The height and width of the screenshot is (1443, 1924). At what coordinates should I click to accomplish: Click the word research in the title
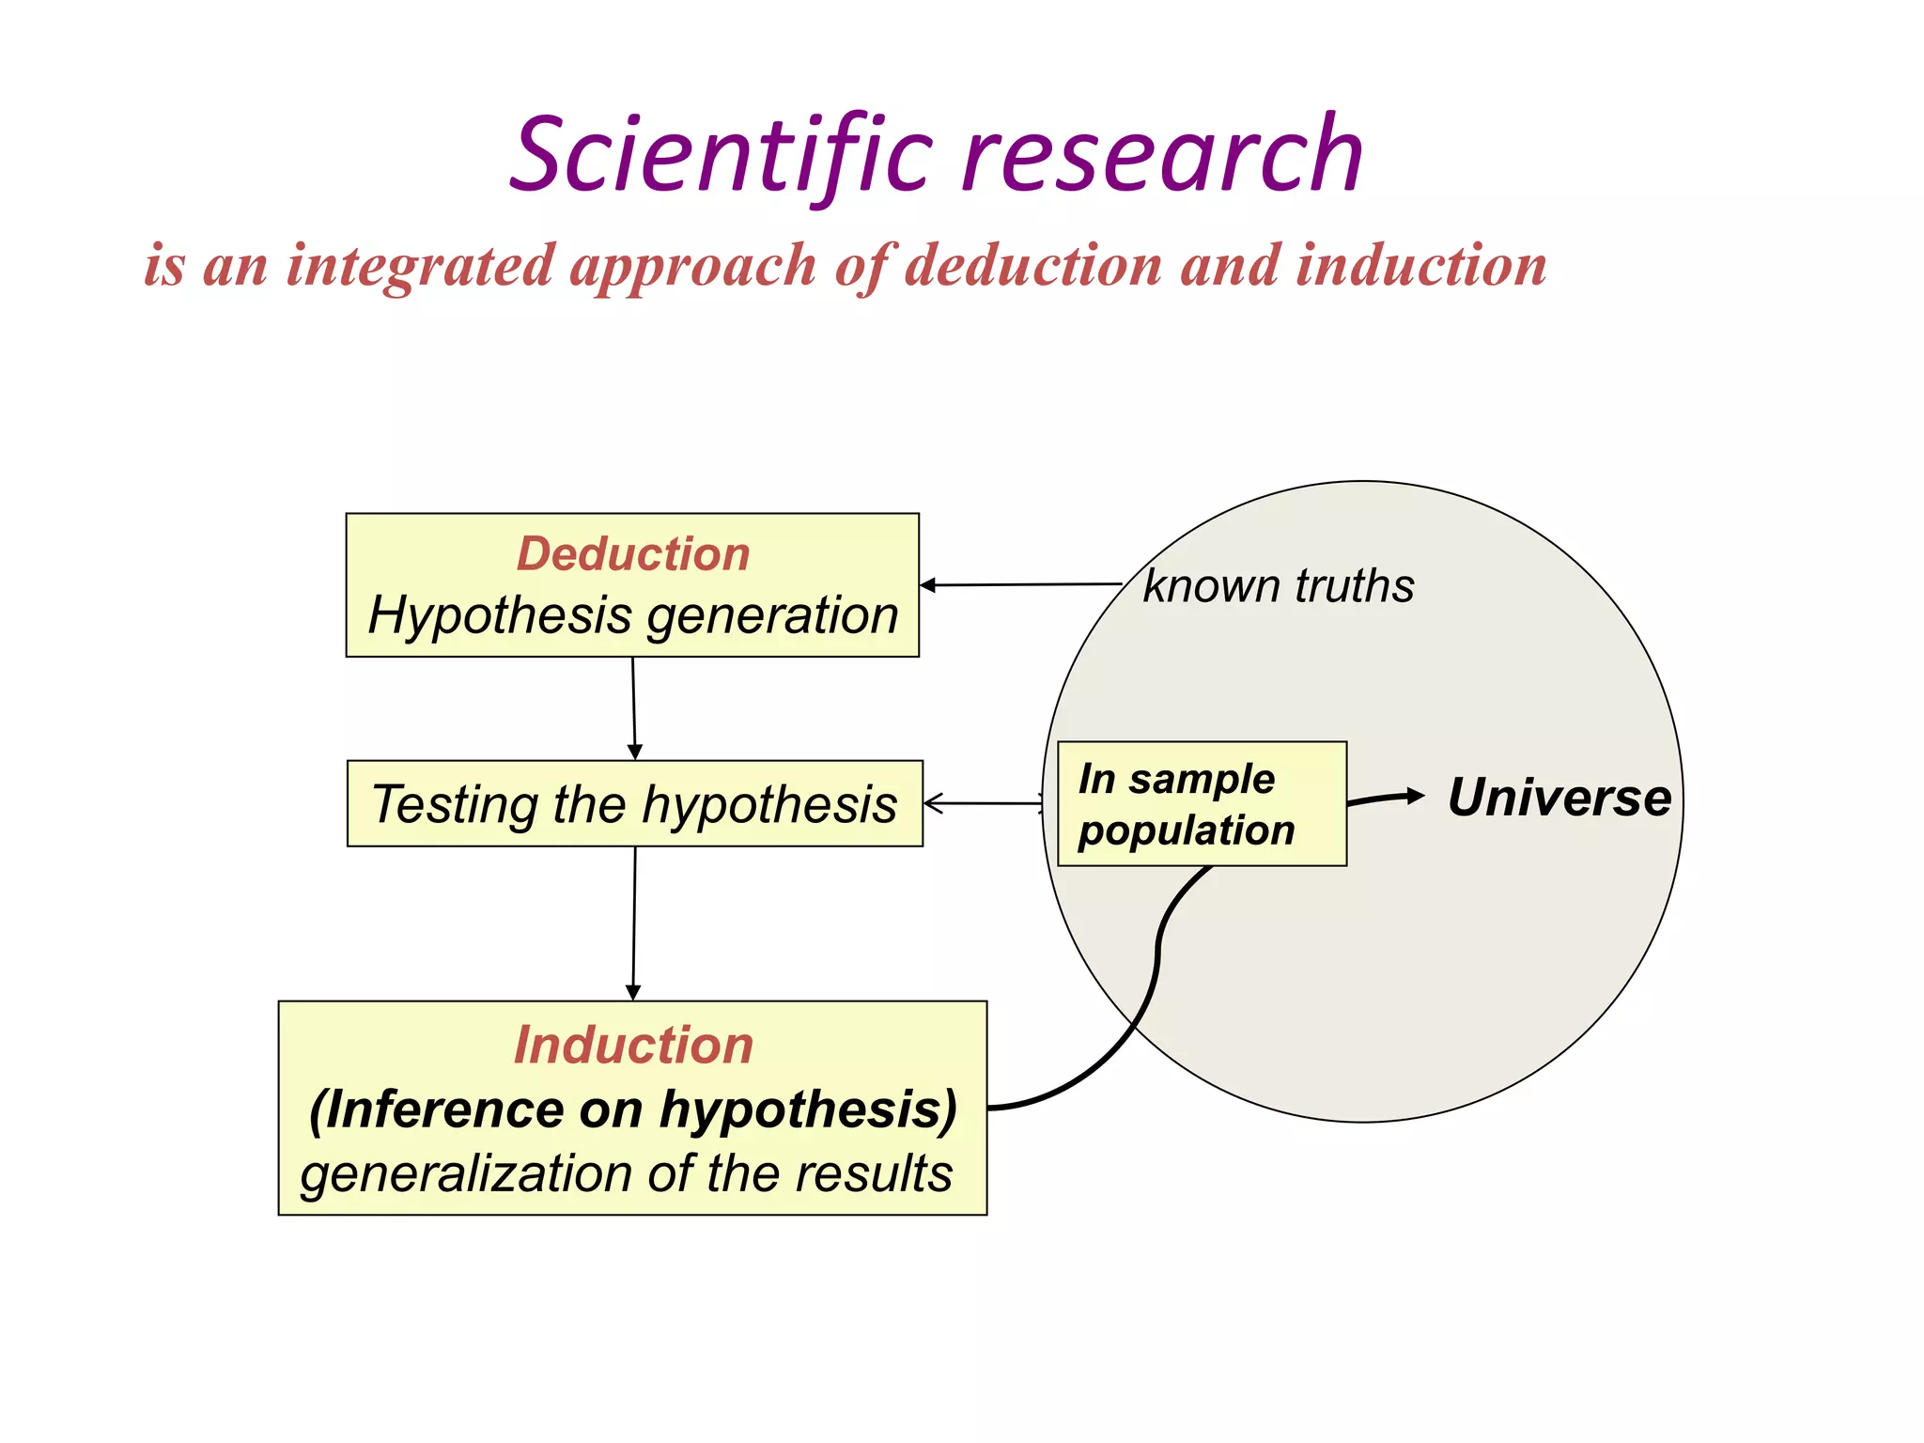[x=1162, y=155]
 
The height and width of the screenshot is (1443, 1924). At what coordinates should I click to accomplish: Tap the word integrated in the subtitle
[x=420, y=265]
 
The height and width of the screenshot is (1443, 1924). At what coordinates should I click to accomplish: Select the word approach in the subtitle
[x=693, y=267]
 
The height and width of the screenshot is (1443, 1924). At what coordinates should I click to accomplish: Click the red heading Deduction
[x=633, y=553]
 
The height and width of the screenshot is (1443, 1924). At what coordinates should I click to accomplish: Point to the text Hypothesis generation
[x=633, y=615]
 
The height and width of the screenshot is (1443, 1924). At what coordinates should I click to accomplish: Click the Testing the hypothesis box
[x=634, y=804]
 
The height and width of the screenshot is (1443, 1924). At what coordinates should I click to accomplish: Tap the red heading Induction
[x=633, y=1045]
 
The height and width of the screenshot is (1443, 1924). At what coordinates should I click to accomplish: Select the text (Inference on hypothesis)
[x=633, y=1109]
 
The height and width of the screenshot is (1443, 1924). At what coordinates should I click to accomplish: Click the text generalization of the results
[x=627, y=1173]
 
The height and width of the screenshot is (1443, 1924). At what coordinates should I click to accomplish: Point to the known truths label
[x=1278, y=586]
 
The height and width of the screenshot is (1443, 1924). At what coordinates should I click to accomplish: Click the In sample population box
[x=1202, y=804]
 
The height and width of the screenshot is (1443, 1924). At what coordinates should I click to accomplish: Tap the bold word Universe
[x=1559, y=798]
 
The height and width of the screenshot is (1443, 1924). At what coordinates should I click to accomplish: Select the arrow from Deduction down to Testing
[x=634, y=708]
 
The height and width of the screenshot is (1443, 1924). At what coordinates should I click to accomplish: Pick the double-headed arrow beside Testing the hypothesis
[x=984, y=803]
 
